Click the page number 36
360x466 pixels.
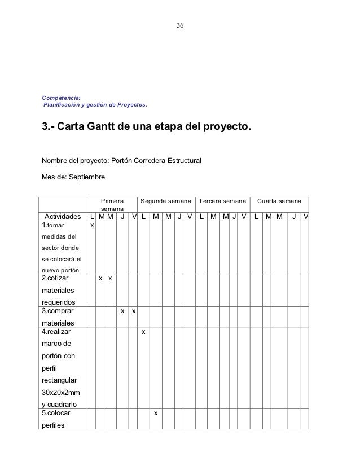(180, 26)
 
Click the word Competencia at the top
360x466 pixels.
(62, 98)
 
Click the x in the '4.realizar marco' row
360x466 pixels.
(143, 332)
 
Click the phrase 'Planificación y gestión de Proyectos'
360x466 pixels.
(95, 105)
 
